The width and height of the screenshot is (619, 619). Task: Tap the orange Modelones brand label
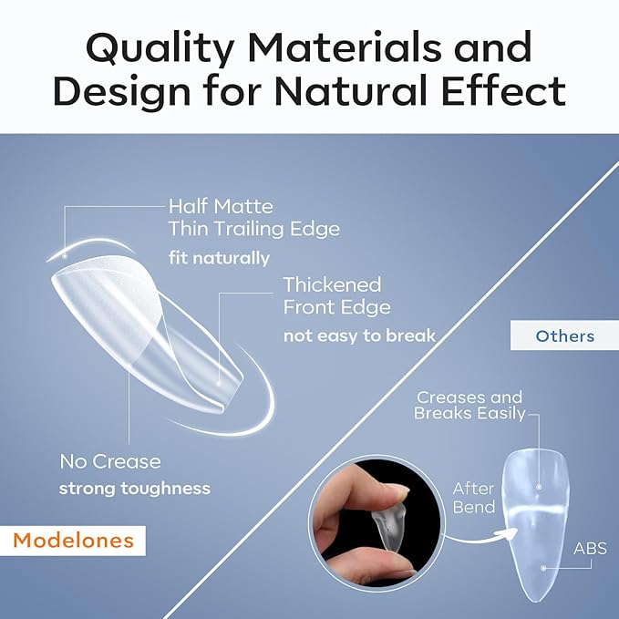(x=74, y=541)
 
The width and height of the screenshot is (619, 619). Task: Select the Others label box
(x=564, y=336)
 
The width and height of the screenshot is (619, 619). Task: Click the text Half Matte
(x=221, y=206)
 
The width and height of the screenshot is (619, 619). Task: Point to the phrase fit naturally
(x=219, y=257)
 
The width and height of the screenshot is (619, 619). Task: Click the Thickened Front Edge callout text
(x=336, y=295)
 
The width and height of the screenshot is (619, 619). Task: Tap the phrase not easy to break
(x=358, y=336)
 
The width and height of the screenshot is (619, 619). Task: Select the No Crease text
(x=109, y=461)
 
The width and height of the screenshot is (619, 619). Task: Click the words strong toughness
(x=135, y=489)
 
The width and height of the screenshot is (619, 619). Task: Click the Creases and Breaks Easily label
(x=469, y=405)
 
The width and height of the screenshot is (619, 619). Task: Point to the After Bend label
(x=473, y=498)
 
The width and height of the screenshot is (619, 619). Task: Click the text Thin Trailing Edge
(x=253, y=229)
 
